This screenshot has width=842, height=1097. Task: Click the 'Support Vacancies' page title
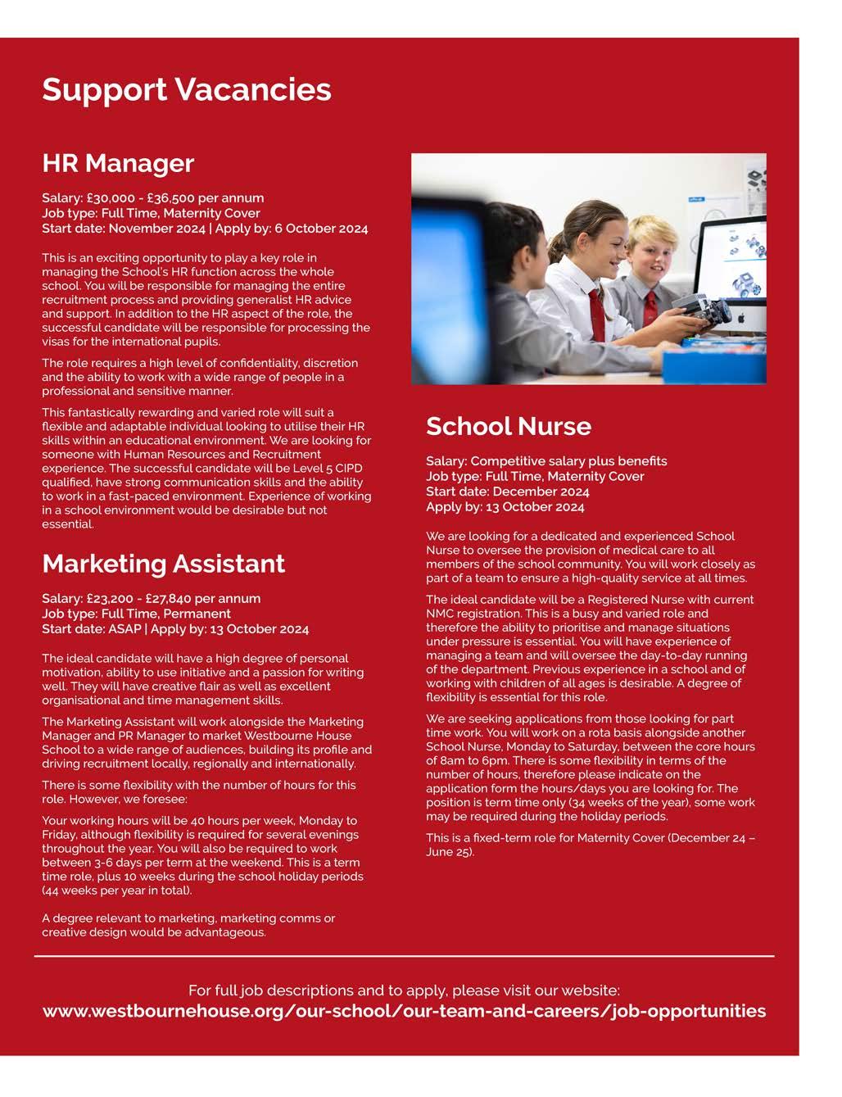[187, 89]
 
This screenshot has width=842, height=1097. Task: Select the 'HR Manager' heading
[118, 163]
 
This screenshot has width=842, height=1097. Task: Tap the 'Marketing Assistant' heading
[164, 564]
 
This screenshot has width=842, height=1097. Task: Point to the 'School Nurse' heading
[508, 426]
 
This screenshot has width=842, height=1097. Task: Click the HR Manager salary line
[153, 198]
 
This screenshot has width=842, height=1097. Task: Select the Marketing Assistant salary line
[152, 599]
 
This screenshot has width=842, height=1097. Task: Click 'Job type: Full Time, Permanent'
[137, 614]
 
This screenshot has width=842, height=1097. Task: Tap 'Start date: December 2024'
[507, 492]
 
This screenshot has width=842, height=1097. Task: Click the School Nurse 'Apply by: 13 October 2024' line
[505, 507]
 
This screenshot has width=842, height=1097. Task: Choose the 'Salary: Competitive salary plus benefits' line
[546, 461]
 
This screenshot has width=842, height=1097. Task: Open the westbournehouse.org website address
[404, 1011]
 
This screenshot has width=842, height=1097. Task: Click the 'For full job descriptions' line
[404, 990]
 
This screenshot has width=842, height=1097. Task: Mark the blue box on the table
[713, 364]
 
